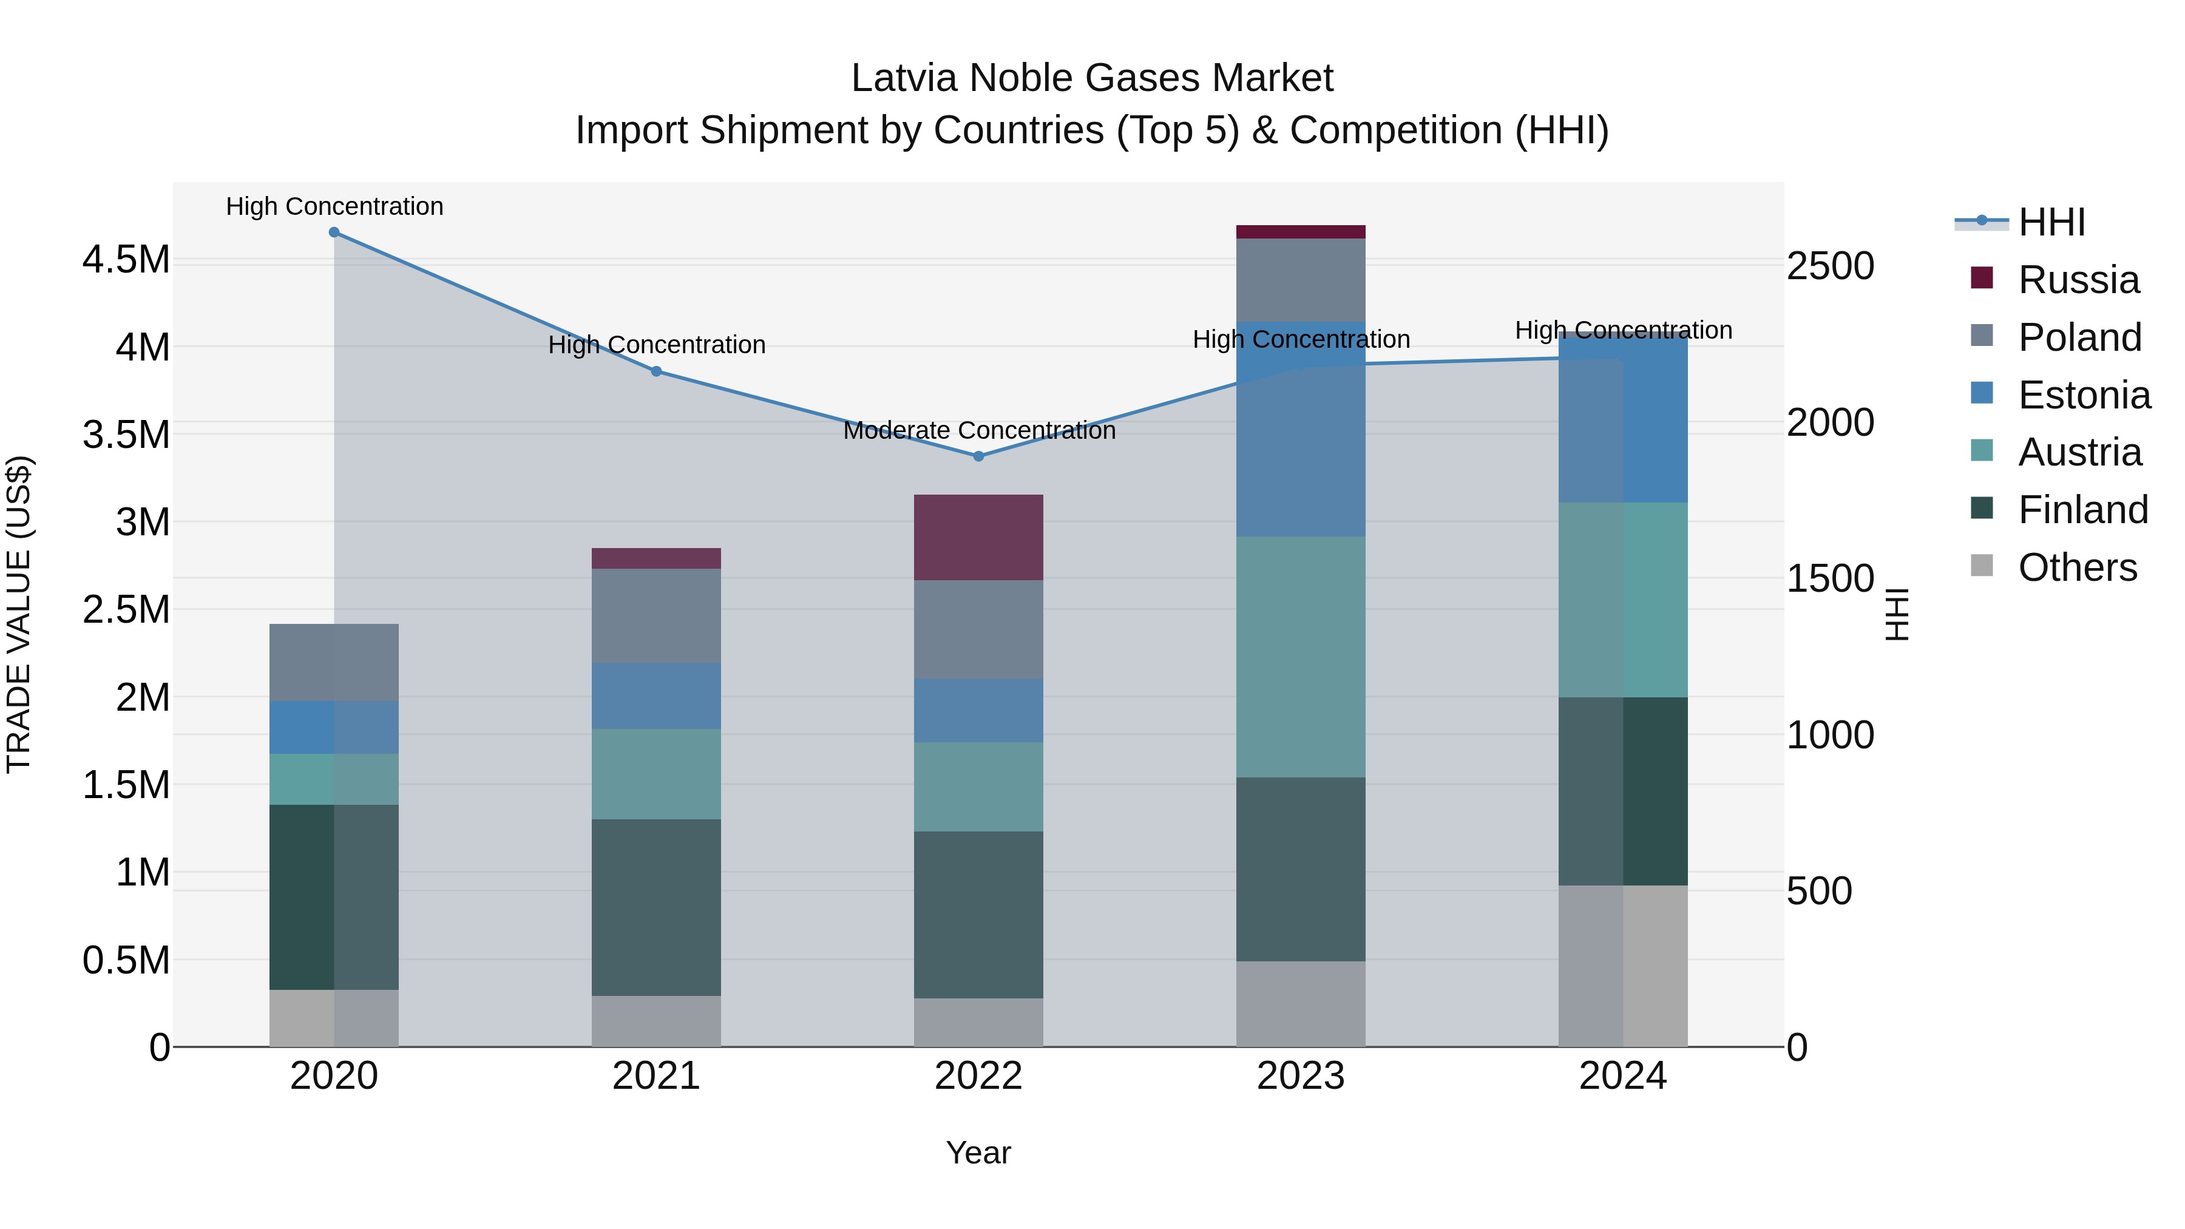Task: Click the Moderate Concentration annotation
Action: pyautogui.click(x=979, y=431)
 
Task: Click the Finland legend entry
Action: pyautogui.click(x=2082, y=510)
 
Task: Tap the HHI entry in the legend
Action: pyautogui.click(x=2051, y=222)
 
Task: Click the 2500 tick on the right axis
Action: pyautogui.click(x=1829, y=266)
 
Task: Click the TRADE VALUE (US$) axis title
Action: pyautogui.click(x=19, y=614)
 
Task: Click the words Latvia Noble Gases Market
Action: pyautogui.click(x=1092, y=78)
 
